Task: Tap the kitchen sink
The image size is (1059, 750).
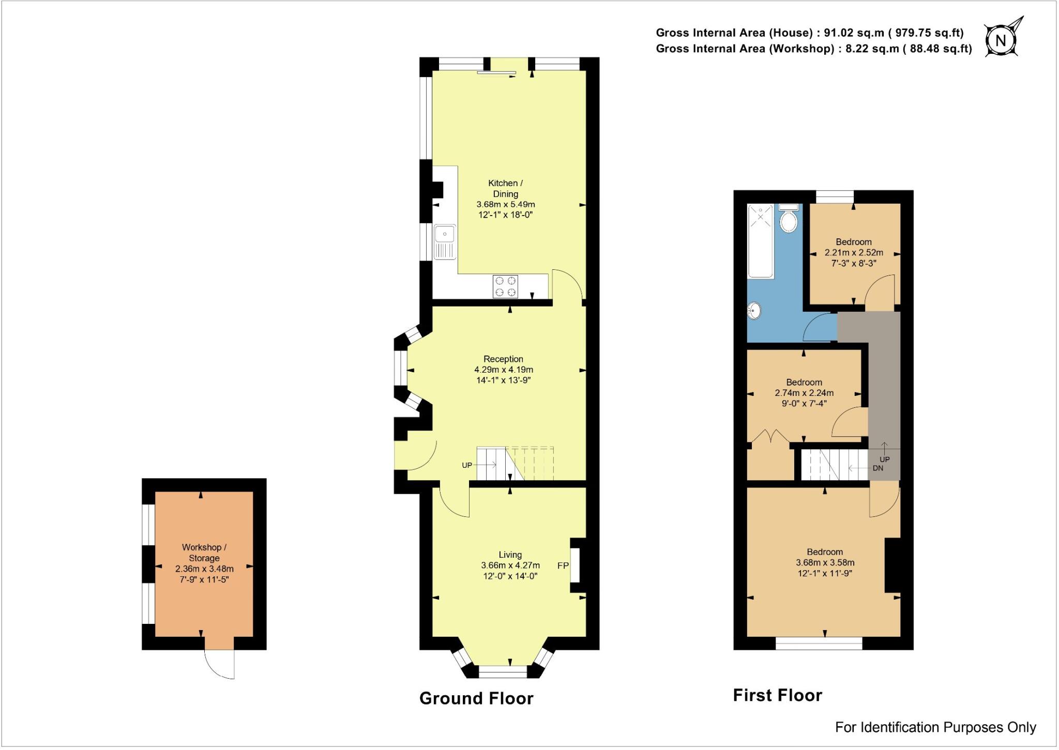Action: pos(445,241)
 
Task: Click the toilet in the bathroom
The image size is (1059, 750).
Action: pos(789,220)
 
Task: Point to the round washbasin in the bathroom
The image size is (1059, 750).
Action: pos(755,311)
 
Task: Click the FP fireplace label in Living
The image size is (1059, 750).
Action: pos(563,565)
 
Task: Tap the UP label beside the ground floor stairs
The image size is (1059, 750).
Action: pos(467,465)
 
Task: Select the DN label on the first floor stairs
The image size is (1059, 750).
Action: pos(878,468)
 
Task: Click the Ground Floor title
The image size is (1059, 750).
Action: pos(476,698)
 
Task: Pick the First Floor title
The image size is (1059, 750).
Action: pos(777,695)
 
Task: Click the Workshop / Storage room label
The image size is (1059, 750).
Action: pos(204,553)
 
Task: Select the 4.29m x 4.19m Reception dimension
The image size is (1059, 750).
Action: pos(503,370)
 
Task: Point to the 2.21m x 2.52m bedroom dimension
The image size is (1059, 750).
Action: pos(853,253)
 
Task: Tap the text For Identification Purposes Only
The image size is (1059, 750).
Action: pos(935,727)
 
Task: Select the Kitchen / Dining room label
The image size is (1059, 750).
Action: pos(505,188)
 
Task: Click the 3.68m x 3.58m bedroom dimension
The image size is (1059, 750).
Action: pos(824,562)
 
